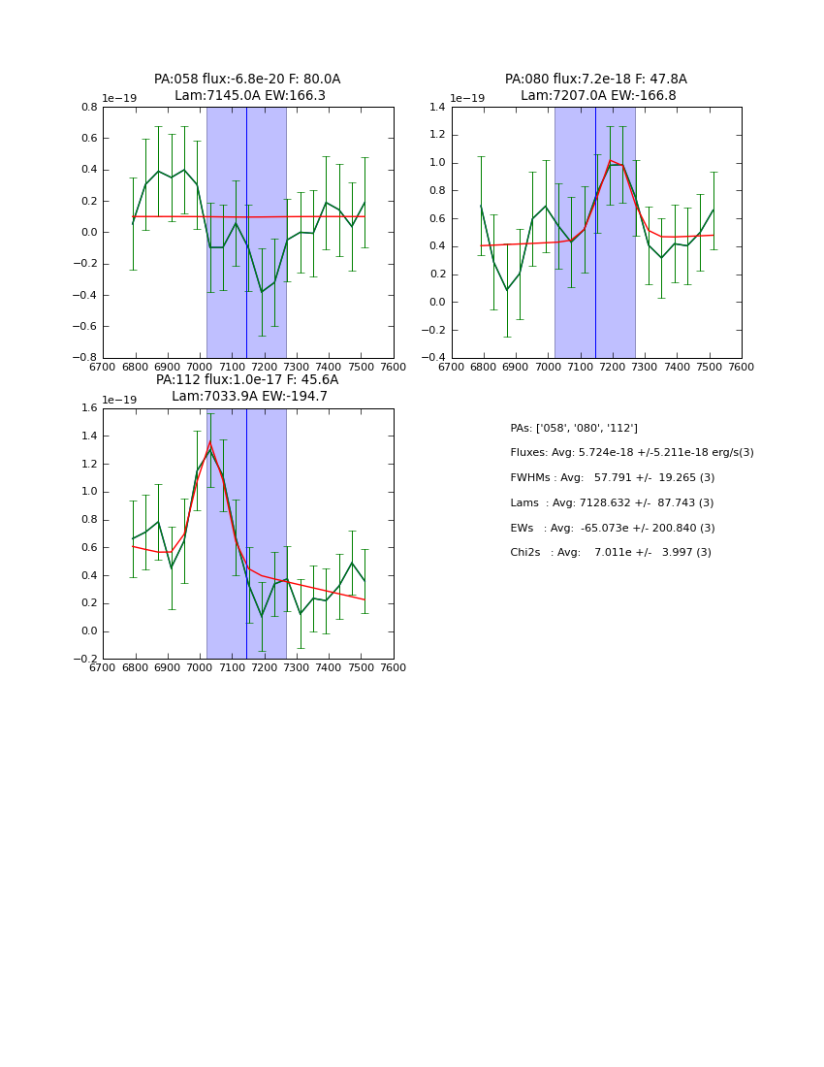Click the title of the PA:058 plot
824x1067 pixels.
(x=247, y=87)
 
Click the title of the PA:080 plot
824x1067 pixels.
(x=596, y=87)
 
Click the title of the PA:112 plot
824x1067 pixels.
(x=247, y=388)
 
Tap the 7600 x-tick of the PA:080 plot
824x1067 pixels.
(x=741, y=367)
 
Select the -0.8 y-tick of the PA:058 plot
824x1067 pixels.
(x=85, y=358)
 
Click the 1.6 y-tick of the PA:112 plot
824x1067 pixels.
(x=88, y=408)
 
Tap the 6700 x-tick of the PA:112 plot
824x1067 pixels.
(x=103, y=667)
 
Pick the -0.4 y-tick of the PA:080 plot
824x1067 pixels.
(x=434, y=358)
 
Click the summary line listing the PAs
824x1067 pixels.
(x=574, y=428)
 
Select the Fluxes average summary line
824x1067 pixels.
(x=631, y=453)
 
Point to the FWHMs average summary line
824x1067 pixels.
(x=612, y=478)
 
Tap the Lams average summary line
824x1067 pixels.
(x=612, y=503)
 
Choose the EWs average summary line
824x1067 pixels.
(x=612, y=528)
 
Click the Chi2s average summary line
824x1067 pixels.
(x=611, y=553)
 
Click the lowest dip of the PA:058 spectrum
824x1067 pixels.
(x=262, y=292)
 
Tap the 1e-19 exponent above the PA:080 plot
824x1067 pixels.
(x=467, y=98)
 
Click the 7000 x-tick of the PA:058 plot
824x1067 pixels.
(x=200, y=367)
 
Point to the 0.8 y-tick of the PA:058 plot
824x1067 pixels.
(x=88, y=107)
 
